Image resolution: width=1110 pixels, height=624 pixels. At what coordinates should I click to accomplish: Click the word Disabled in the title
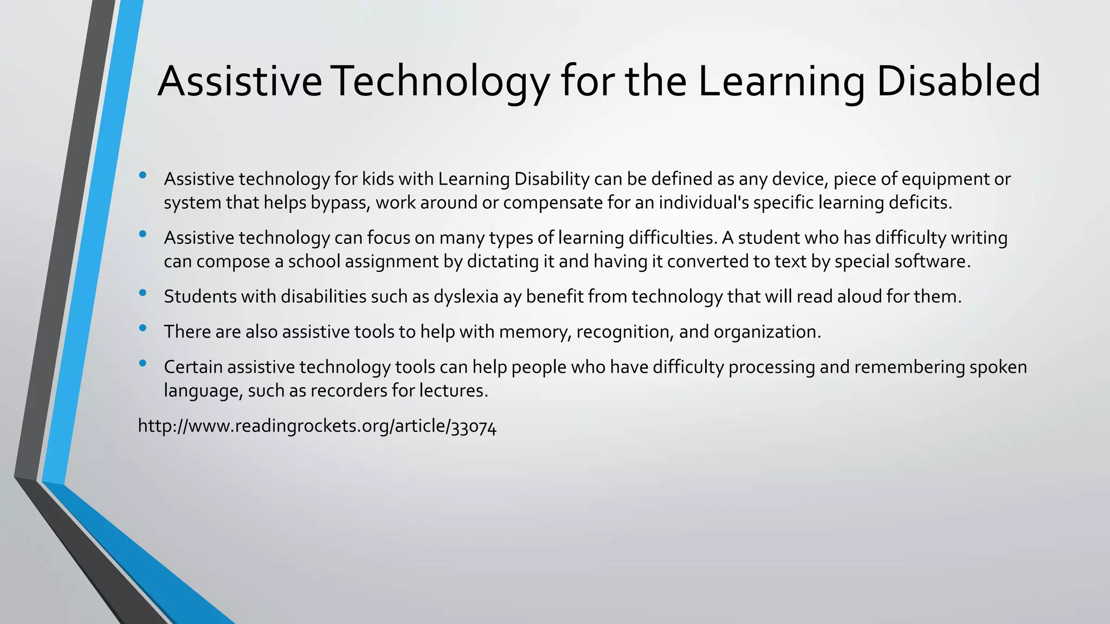coord(958,81)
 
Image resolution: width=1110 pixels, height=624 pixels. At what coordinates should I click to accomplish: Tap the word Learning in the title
coord(781,81)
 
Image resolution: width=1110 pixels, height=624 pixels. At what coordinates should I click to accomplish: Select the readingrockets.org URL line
coord(317,426)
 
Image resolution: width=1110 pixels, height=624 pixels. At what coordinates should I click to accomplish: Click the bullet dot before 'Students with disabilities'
coord(143,292)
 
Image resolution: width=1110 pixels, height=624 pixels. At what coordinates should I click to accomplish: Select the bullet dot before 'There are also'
coord(143,328)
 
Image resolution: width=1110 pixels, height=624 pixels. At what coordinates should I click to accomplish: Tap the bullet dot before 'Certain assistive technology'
coord(143,363)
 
